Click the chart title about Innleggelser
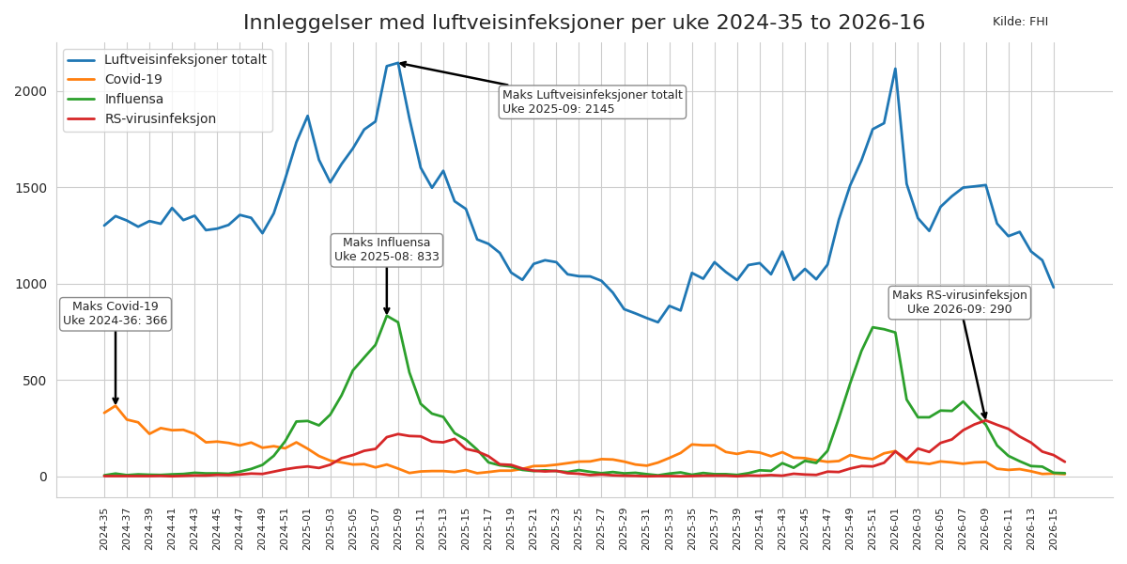(x=583, y=23)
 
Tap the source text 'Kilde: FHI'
(x=1020, y=22)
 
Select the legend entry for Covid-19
(x=133, y=80)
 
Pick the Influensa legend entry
(x=133, y=100)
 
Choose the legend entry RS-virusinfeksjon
(x=160, y=119)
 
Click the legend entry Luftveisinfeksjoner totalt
(x=184, y=60)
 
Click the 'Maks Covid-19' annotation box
(x=116, y=314)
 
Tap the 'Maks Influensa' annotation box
(x=387, y=250)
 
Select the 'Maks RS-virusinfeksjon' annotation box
(x=959, y=303)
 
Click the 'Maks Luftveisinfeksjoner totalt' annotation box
(x=592, y=102)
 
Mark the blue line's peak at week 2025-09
(x=398, y=63)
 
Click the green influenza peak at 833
(x=387, y=316)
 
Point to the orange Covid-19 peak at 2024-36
(x=116, y=406)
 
